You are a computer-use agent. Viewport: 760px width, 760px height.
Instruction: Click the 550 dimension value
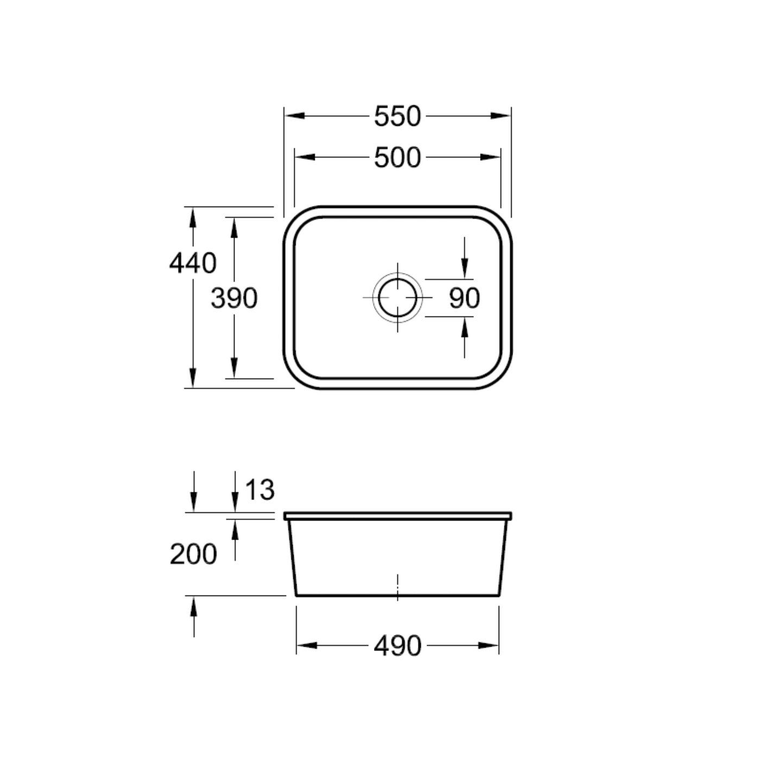click(x=397, y=116)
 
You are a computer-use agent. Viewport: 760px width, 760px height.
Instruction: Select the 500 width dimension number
click(x=397, y=157)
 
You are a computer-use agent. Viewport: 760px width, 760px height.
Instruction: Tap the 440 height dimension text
click(x=193, y=263)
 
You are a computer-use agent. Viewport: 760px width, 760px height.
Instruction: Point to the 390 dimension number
click(x=235, y=298)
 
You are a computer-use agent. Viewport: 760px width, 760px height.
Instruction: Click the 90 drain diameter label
click(x=465, y=298)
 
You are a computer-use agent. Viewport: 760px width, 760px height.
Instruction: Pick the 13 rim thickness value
click(x=259, y=490)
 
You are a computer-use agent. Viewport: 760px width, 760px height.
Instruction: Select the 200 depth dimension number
click(x=193, y=554)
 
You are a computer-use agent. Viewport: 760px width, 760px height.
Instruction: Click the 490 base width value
click(x=397, y=646)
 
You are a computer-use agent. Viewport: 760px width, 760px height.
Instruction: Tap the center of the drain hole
click(x=397, y=297)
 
